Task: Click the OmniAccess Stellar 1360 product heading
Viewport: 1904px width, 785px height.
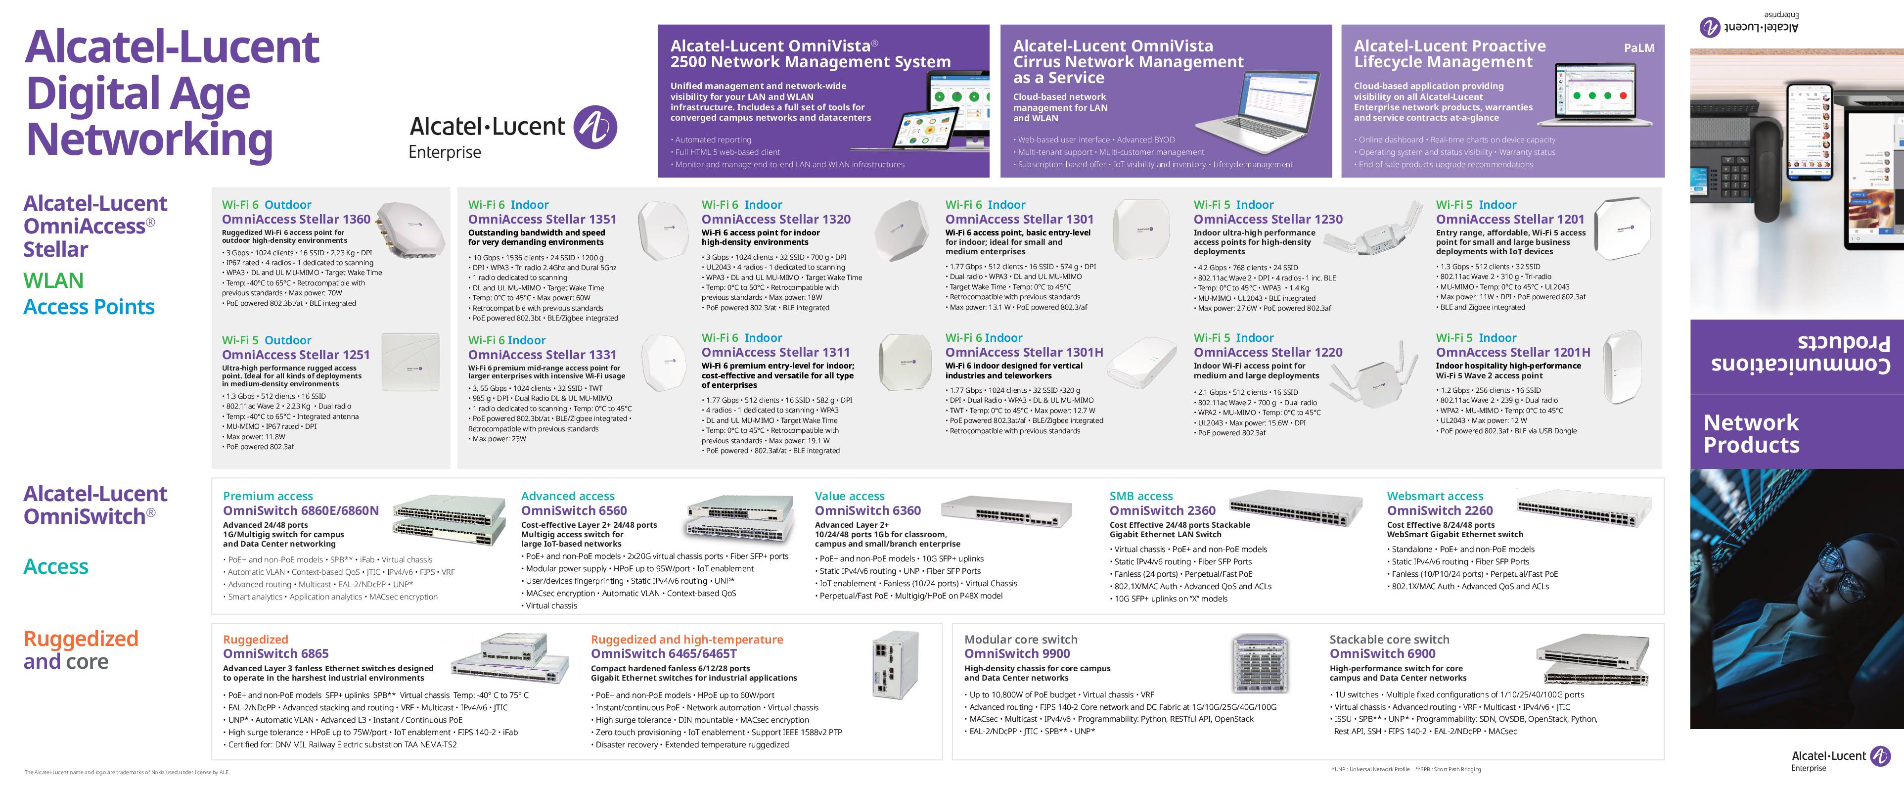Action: pyautogui.click(x=296, y=219)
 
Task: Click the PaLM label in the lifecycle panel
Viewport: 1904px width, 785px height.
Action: pyautogui.click(x=1638, y=48)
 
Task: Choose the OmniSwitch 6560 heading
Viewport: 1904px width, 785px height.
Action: pyautogui.click(x=574, y=510)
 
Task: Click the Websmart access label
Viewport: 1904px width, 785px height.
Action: pyautogui.click(x=1435, y=496)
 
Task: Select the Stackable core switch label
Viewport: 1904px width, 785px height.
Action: pyautogui.click(x=1389, y=640)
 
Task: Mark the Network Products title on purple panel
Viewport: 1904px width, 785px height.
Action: pyautogui.click(x=1751, y=433)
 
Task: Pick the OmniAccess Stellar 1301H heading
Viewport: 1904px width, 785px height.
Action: pyautogui.click(x=1024, y=352)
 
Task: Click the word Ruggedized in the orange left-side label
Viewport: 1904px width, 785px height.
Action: pyautogui.click(x=81, y=639)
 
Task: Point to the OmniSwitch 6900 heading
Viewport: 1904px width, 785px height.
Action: pyautogui.click(x=1382, y=653)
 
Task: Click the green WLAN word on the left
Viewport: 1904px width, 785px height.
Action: pyautogui.click(x=53, y=281)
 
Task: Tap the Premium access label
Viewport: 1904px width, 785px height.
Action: pyautogui.click(x=268, y=496)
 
